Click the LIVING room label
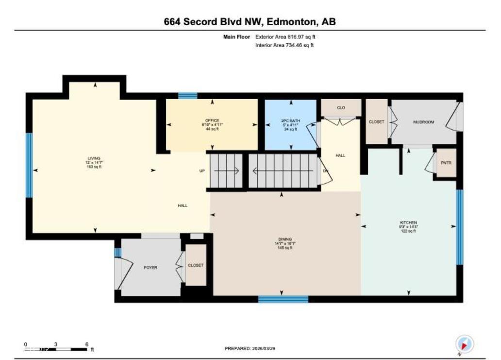click(94, 158)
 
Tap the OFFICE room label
click(212, 120)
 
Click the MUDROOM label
click(423, 122)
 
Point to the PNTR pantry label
click(446, 163)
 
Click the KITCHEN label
click(408, 222)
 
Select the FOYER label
click(150, 268)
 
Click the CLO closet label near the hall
click(341, 107)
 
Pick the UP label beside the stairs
click(202, 171)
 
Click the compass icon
click(465, 344)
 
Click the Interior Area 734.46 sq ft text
click(284, 45)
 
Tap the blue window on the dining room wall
click(283, 299)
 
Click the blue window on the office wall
click(187, 96)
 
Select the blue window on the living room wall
click(29, 165)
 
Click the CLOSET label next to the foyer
click(196, 265)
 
